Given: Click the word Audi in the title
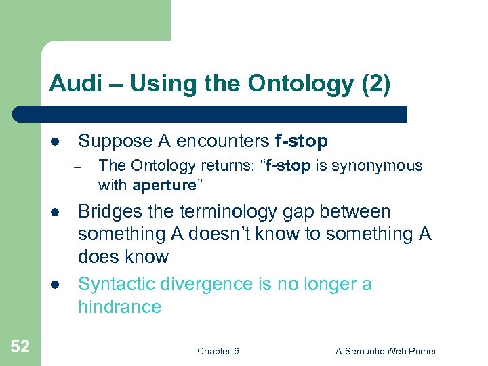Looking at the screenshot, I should click(73, 84).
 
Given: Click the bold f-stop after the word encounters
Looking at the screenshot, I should click(302, 141).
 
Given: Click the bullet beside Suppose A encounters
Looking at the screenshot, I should click(54, 142).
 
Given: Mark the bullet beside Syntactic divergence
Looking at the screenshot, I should click(54, 285).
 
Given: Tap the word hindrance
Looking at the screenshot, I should click(119, 307).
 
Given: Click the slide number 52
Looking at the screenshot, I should click(20, 347).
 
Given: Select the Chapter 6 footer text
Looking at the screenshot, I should click(218, 351).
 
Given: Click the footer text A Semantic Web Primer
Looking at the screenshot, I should click(386, 351).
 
